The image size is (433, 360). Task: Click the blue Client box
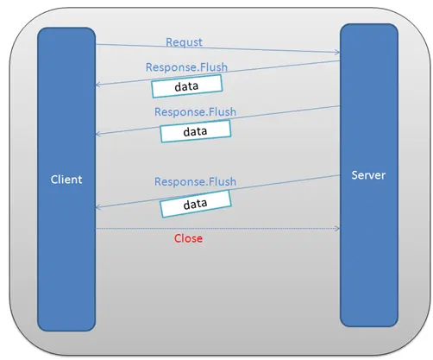(66, 180)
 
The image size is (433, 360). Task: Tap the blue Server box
(369, 175)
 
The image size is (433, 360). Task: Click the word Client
(66, 180)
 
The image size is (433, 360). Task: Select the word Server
(368, 175)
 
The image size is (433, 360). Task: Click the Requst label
(184, 42)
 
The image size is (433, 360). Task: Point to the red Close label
(188, 238)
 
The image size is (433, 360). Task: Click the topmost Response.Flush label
(186, 67)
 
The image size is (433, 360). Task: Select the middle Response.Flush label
(195, 111)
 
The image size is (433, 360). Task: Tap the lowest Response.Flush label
(195, 181)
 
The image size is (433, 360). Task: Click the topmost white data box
(187, 86)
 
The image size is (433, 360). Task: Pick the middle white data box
(196, 131)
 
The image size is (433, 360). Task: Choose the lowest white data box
(196, 204)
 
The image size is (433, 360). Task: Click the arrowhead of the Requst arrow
(337, 52)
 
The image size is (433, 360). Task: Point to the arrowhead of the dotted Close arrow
(337, 229)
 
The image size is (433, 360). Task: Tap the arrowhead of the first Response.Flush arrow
(97, 85)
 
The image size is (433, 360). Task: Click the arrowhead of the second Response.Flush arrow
(97, 134)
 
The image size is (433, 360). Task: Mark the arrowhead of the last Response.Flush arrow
(97, 207)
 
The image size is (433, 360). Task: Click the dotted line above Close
(217, 229)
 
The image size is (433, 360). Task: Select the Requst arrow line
(217, 48)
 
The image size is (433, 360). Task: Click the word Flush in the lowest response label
(223, 181)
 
